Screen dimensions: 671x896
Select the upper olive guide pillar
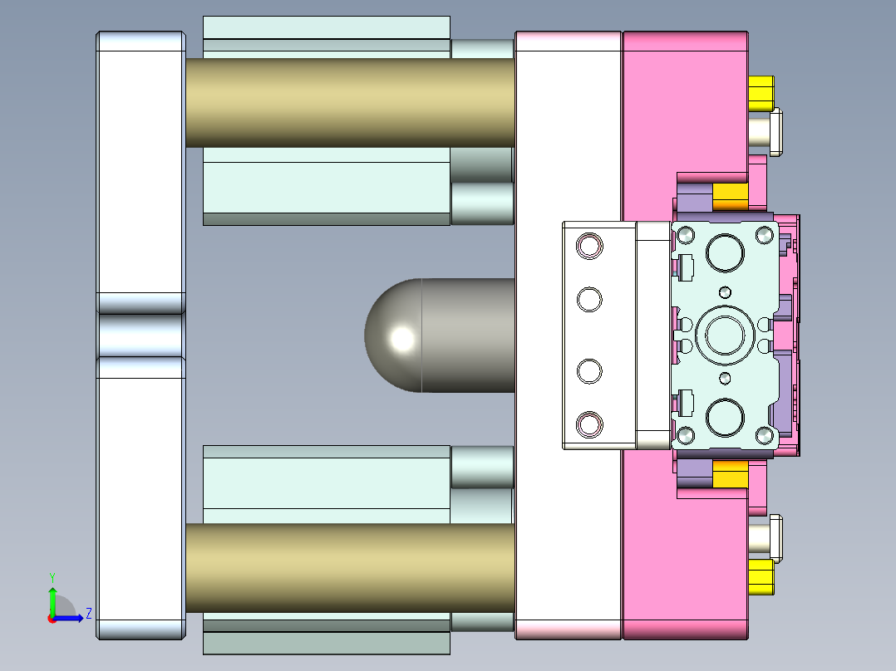349,102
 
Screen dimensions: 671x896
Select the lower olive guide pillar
349,568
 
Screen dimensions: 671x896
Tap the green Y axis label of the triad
52,576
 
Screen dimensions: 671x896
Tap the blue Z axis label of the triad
88,615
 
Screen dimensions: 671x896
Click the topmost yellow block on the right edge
761,93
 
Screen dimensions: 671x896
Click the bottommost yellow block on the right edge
761,577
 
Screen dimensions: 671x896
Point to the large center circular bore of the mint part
724,334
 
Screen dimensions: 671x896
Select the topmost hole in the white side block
589,246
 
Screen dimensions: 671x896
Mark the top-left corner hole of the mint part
686,236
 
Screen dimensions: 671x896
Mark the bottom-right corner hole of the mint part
764,435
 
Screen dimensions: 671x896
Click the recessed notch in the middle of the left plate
140,335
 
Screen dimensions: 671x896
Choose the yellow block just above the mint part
731,198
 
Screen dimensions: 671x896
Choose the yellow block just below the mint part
731,474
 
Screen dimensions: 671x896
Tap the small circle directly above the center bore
725,291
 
